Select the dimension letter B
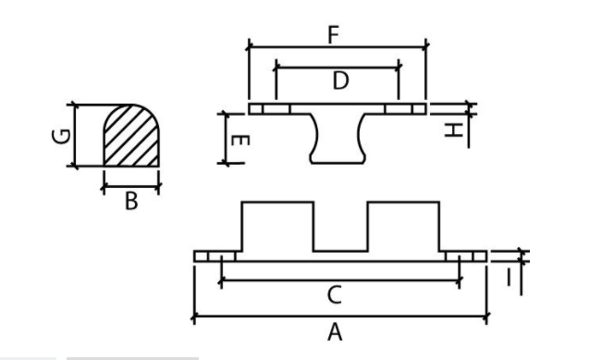pyautogui.click(x=131, y=201)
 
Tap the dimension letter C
pyautogui.click(x=335, y=295)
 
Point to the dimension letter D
pyautogui.click(x=339, y=81)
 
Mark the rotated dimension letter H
pyautogui.click(x=453, y=130)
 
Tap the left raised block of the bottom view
pyautogui.click(x=277, y=227)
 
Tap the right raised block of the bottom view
pyautogui.click(x=404, y=227)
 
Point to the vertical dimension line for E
pyautogui.click(x=225, y=137)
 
